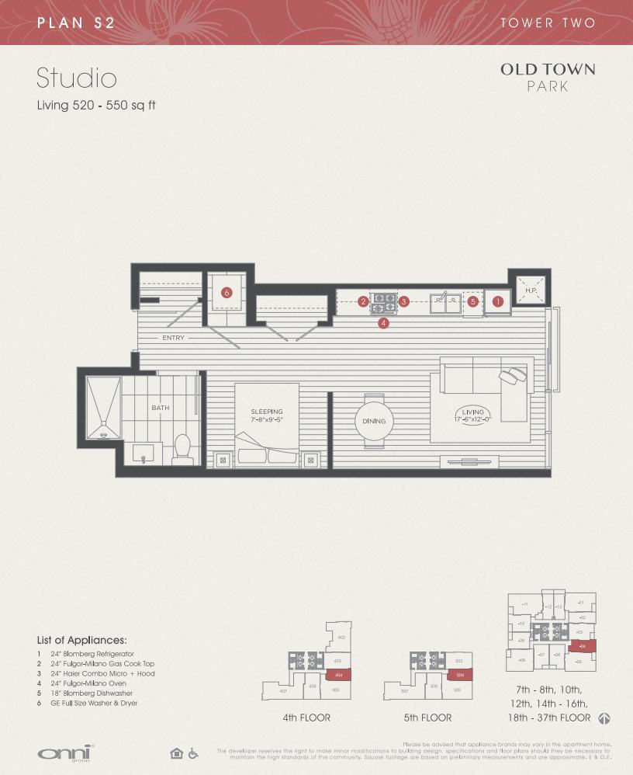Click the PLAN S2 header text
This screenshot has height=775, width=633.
point(76,23)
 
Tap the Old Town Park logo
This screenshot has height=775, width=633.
point(547,77)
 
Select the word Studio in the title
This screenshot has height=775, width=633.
point(77,78)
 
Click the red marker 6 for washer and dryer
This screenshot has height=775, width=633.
point(227,293)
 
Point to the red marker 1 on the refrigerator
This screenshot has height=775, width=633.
point(498,301)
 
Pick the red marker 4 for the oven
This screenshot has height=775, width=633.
point(383,323)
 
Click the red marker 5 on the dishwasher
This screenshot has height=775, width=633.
point(472,301)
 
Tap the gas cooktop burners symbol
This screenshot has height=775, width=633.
point(383,301)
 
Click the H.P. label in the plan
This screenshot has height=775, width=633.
point(531,290)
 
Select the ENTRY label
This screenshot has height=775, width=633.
point(173,338)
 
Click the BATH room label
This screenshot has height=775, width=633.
point(161,408)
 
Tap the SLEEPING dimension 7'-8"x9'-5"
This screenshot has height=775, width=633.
point(267,420)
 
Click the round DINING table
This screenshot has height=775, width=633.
point(374,421)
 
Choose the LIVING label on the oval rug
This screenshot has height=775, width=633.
point(472,412)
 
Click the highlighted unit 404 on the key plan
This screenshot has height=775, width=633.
point(337,676)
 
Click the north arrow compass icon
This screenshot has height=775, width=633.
point(604,718)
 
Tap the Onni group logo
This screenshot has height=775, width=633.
point(66,753)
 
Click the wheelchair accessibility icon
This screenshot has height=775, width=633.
point(193,753)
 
